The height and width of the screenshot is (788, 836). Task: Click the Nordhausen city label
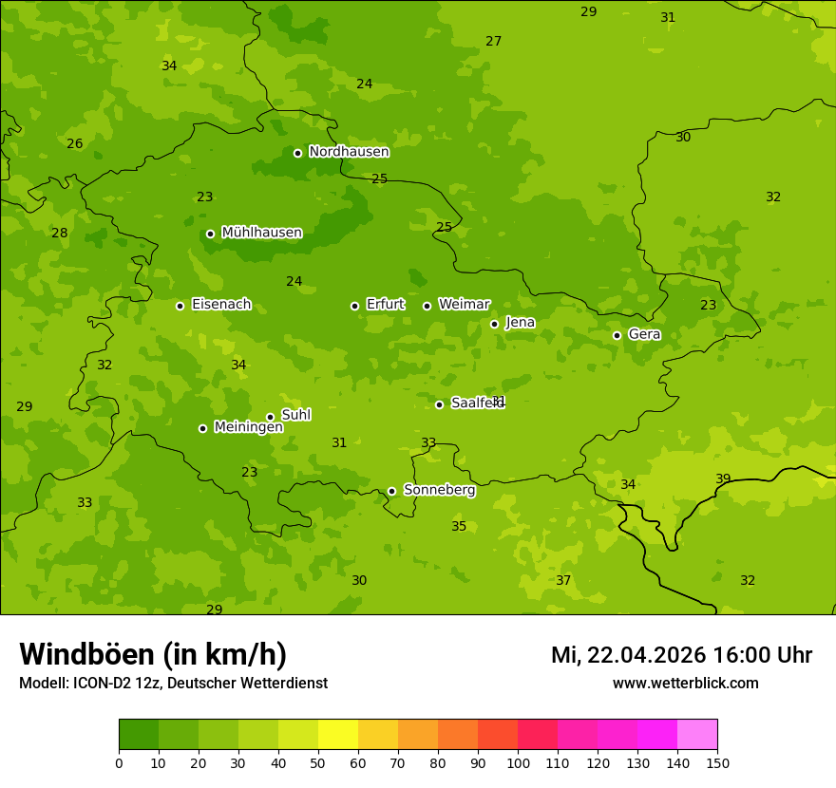(x=349, y=152)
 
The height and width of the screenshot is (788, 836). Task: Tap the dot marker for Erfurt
(x=354, y=306)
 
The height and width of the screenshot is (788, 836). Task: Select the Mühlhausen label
(x=261, y=233)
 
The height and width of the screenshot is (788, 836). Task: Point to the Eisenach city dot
(x=180, y=306)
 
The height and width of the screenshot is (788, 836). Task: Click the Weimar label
(x=464, y=305)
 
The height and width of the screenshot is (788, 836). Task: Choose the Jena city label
(x=520, y=323)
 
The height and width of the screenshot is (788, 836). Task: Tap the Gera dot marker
(x=617, y=335)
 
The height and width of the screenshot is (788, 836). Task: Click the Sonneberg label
(x=439, y=490)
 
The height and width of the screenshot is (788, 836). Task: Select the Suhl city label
(x=295, y=415)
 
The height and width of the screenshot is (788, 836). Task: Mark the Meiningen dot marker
(x=202, y=428)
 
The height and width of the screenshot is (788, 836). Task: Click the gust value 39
(x=723, y=478)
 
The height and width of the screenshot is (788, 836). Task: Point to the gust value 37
(x=563, y=580)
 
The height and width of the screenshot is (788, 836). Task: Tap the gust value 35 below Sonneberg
(x=459, y=526)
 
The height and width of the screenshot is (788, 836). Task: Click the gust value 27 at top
(x=493, y=41)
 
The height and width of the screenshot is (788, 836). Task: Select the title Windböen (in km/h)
(x=152, y=654)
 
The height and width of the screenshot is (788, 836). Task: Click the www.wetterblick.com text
(x=685, y=683)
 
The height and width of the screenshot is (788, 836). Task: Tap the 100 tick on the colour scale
(x=518, y=762)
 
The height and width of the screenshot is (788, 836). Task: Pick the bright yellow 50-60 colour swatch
(x=338, y=735)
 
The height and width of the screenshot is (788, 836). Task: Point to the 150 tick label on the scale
(x=717, y=762)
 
